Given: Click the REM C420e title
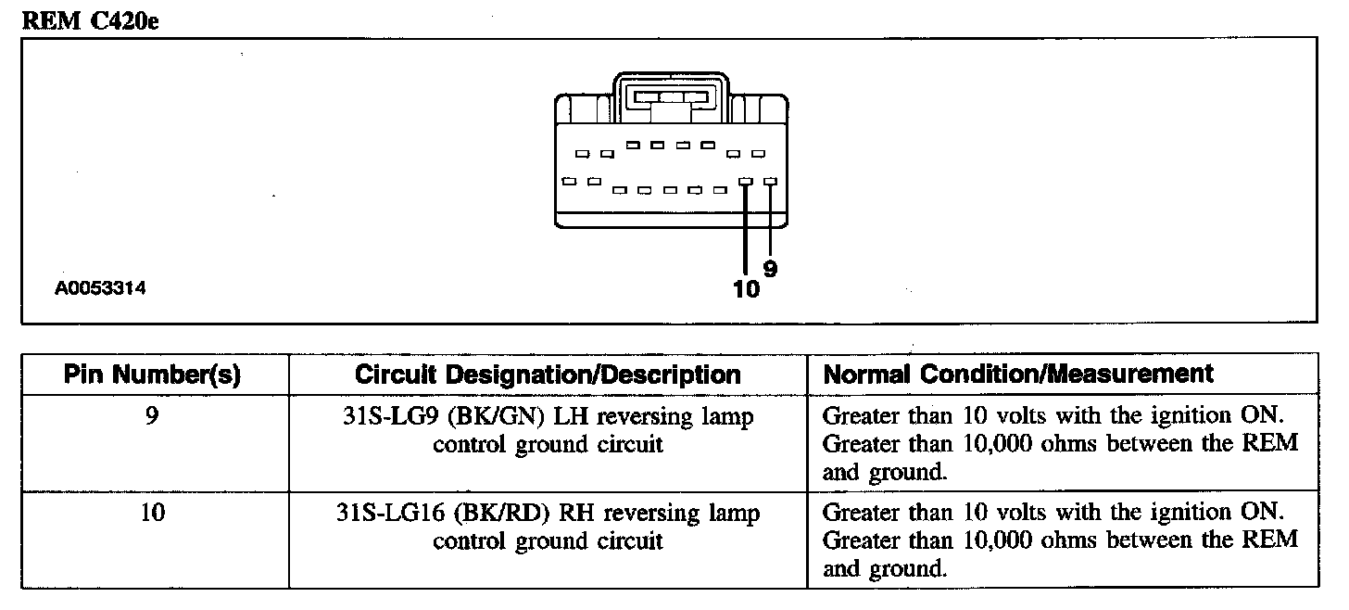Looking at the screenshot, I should (x=91, y=21).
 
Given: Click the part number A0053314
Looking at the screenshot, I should (x=101, y=289).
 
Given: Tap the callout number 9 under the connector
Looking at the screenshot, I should (x=770, y=269).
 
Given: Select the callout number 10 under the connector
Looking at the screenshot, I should (x=745, y=290).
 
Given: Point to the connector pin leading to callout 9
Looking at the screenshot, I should (x=770, y=184).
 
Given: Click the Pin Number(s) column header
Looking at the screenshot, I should (x=153, y=375).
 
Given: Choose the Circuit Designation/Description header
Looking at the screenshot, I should (x=548, y=375).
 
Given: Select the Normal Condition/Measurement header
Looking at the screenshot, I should (x=1018, y=374).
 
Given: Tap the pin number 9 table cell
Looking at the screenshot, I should (x=153, y=416).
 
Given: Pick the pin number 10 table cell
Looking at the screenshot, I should (x=153, y=512).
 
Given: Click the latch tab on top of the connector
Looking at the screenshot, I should (x=671, y=97).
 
